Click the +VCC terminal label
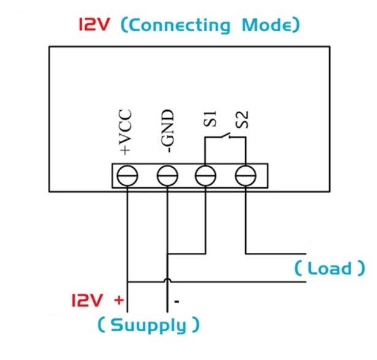[126, 132]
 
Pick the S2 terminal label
[244, 120]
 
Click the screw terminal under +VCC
[128, 176]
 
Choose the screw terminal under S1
[205, 176]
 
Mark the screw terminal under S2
[245, 176]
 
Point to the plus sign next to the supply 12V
[118, 301]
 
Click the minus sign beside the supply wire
[177, 302]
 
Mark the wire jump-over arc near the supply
[167, 281]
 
